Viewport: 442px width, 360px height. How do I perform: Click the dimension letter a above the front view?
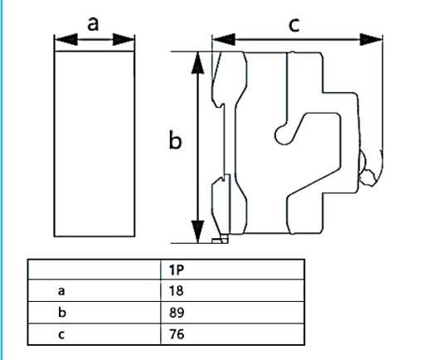(93, 24)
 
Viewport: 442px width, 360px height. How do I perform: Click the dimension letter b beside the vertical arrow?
(175, 139)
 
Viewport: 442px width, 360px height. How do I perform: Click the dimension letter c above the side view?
(294, 25)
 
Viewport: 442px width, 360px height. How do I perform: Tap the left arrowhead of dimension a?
(66, 40)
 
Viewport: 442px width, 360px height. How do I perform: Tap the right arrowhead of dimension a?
(124, 40)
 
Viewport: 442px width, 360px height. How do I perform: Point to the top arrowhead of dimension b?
(197, 63)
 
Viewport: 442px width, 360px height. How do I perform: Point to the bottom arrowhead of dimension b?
(197, 231)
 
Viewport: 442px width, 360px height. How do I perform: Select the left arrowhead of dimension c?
(224, 40)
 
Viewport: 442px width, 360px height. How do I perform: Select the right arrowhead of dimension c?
(371, 40)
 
